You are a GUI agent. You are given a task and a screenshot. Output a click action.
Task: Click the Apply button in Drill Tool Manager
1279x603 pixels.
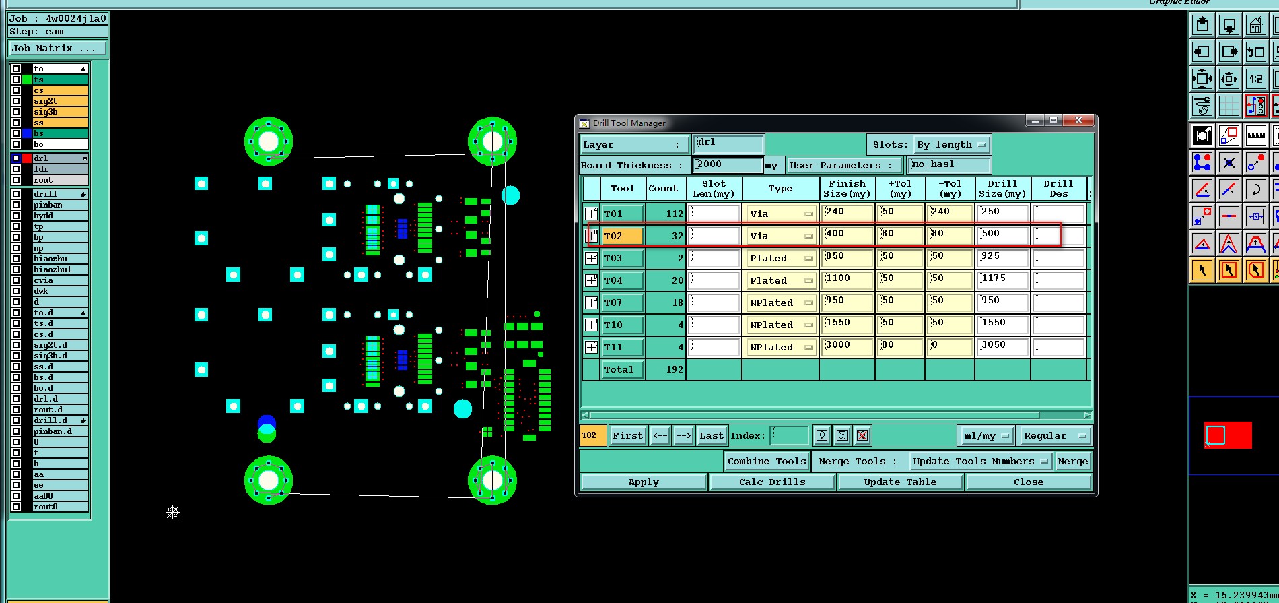pos(644,482)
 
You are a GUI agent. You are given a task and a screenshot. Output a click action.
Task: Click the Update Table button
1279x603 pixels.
pos(900,482)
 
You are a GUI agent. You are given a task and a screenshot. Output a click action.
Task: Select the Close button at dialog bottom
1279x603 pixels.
pos(1028,482)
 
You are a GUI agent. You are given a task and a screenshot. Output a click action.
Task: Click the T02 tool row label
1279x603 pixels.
pos(621,236)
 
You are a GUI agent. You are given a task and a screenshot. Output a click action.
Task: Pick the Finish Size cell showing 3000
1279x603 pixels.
pos(847,347)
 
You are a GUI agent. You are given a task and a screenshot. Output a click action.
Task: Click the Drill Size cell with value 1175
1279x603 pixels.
pos(1002,280)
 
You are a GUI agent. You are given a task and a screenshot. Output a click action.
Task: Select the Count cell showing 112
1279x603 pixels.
pos(666,214)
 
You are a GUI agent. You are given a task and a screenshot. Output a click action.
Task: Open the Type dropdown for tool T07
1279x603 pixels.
pos(780,303)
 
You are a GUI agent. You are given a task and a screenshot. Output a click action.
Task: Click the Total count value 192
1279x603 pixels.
pos(666,369)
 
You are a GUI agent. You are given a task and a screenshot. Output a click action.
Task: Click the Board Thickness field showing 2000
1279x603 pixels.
pos(727,165)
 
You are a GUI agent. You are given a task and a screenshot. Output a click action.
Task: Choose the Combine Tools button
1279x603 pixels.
pos(766,462)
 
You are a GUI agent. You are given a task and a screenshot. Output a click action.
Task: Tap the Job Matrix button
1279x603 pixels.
pos(57,49)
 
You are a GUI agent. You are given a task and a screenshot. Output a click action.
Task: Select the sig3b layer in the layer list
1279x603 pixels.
pos(60,112)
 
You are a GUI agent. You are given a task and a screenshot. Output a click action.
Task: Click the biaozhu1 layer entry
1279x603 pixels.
pos(60,269)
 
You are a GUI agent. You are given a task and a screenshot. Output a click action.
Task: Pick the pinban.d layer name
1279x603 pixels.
pos(60,431)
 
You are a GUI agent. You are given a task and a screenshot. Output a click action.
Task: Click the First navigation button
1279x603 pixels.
pos(627,436)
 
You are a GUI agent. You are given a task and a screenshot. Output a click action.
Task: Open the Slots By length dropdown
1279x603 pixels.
pos(952,145)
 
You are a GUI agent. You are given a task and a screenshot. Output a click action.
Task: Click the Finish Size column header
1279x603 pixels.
pos(847,189)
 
